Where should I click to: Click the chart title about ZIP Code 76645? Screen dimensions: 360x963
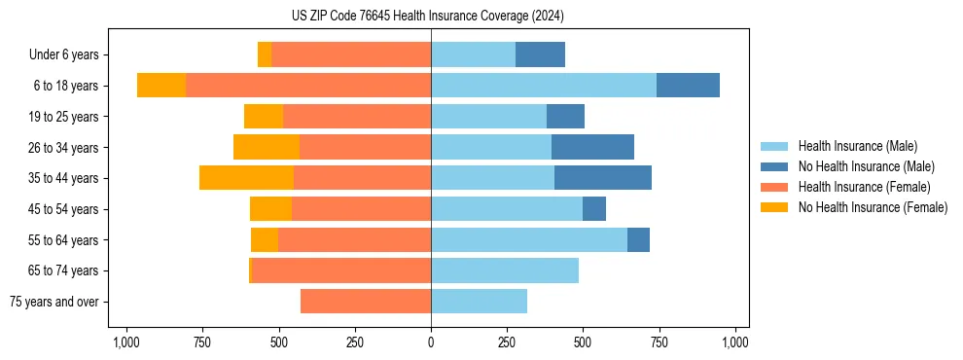[x=427, y=16]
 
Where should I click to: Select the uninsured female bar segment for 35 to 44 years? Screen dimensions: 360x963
[x=246, y=178]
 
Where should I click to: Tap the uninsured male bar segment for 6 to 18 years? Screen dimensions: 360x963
[x=688, y=86]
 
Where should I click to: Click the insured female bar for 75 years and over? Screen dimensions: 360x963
[x=366, y=302]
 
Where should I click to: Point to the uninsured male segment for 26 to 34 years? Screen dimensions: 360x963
[x=592, y=147]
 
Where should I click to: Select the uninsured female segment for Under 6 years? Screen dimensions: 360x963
[x=265, y=54]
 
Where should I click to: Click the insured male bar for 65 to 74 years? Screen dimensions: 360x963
[x=505, y=270]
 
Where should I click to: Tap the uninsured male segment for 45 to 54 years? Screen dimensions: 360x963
[x=594, y=209]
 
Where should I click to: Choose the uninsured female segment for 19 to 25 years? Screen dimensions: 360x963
[x=264, y=117]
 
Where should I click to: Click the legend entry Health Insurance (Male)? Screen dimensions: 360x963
[x=857, y=146]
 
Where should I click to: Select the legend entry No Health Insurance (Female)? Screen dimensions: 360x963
[x=873, y=207]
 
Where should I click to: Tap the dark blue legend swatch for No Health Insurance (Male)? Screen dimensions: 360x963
[x=775, y=166]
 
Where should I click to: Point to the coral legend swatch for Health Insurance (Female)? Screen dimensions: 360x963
[x=775, y=187]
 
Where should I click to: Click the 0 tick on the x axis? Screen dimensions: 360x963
[x=431, y=342]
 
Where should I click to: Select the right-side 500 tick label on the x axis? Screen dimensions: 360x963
[x=583, y=342]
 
